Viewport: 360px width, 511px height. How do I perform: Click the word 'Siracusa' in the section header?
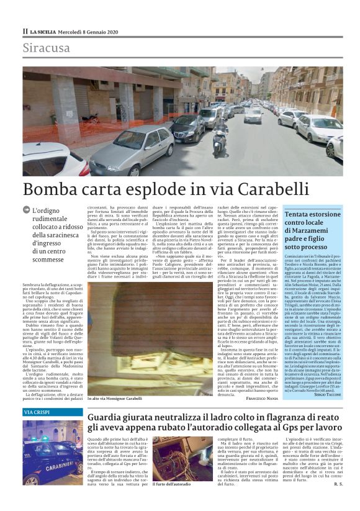[47, 48]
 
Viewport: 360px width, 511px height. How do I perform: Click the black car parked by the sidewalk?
[187, 128]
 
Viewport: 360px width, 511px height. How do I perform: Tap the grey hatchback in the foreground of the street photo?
[131, 149]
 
